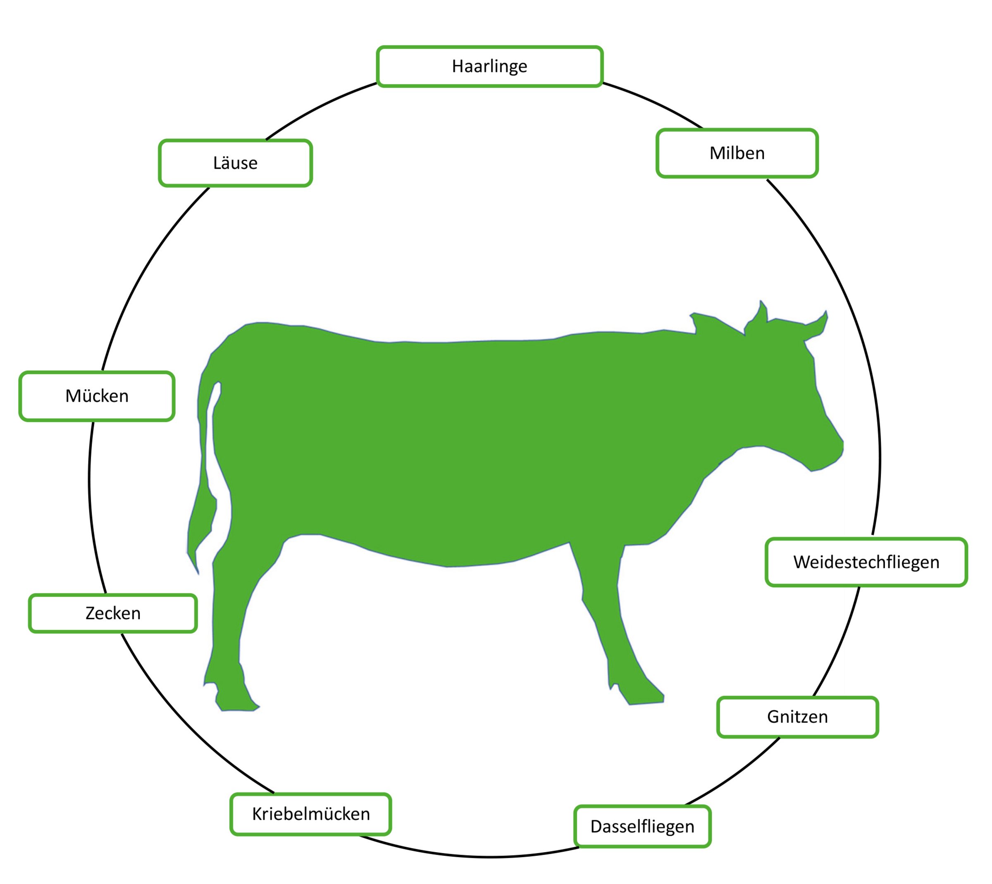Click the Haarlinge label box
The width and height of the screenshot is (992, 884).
click(x=490, y=67)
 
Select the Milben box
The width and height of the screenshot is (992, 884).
click(x=737, y=153)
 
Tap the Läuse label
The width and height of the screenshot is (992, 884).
click(x=235, y=163)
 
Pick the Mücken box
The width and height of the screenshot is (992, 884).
click(x=97, y=396)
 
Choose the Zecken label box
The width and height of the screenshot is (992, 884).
click(x=113, y=613)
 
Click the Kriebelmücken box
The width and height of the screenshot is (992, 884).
click(x=310, y=814)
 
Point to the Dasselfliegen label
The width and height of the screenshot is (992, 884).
click(x=642, y=826)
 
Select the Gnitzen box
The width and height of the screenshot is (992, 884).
click(x=797, y=717)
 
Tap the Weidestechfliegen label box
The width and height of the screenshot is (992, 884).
click(x=866, y=562)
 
